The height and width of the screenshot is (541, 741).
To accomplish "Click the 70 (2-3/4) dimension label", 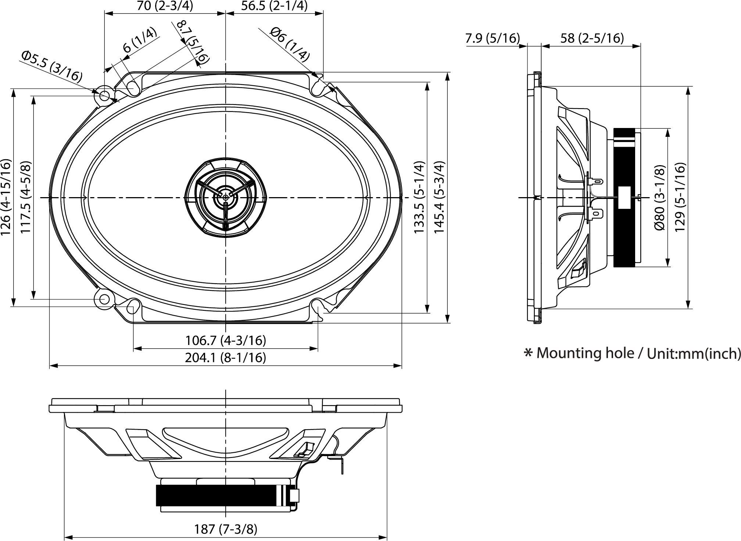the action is click(164, 6).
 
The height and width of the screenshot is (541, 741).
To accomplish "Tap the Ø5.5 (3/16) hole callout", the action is click(52, 66).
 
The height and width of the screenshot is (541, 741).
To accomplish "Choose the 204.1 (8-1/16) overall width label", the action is click(225, 357).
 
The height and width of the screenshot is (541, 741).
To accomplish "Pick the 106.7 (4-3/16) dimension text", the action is click(225, 340).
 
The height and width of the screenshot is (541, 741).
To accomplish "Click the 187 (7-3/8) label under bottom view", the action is click(226, 529).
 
